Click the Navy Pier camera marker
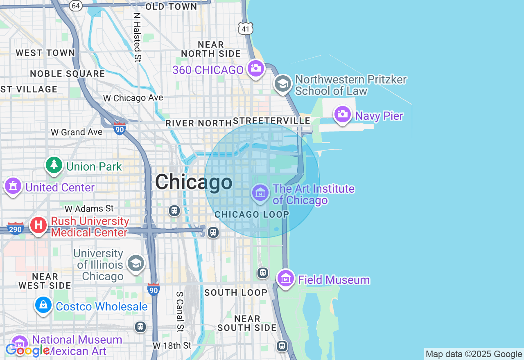coord(343,114)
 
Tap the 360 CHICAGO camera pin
coord(256,68)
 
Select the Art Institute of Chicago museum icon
coord(260,192)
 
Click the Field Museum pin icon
coord(286,279)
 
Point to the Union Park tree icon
coord(54,165)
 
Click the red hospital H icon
coord(38,225)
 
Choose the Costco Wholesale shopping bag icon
coord(43,305)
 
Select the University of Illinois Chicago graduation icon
coord(136,263)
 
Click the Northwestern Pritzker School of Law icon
coord(282,84)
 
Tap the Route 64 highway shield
coord(75,5)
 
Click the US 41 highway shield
coord(245,28)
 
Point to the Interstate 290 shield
coord(15,229)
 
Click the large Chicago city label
coord(194,182)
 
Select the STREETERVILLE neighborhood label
coord(271,121)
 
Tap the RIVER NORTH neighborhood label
coord(198,123)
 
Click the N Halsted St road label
coord(137,37)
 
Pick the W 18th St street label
coord(172,346)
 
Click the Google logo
coord(27,350)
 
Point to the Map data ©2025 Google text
coord(474,354)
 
